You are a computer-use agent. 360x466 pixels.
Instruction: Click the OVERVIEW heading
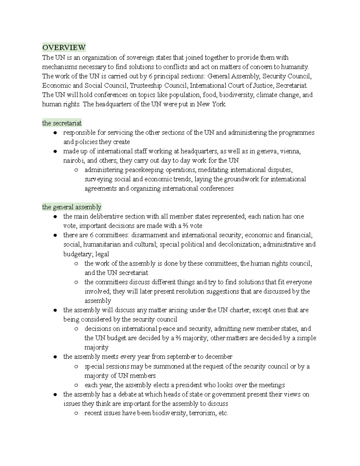tap(64, 48)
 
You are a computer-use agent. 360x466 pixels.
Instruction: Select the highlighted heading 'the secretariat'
tap(62, 123)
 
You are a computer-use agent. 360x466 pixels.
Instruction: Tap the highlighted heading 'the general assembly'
tap(72, 207)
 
